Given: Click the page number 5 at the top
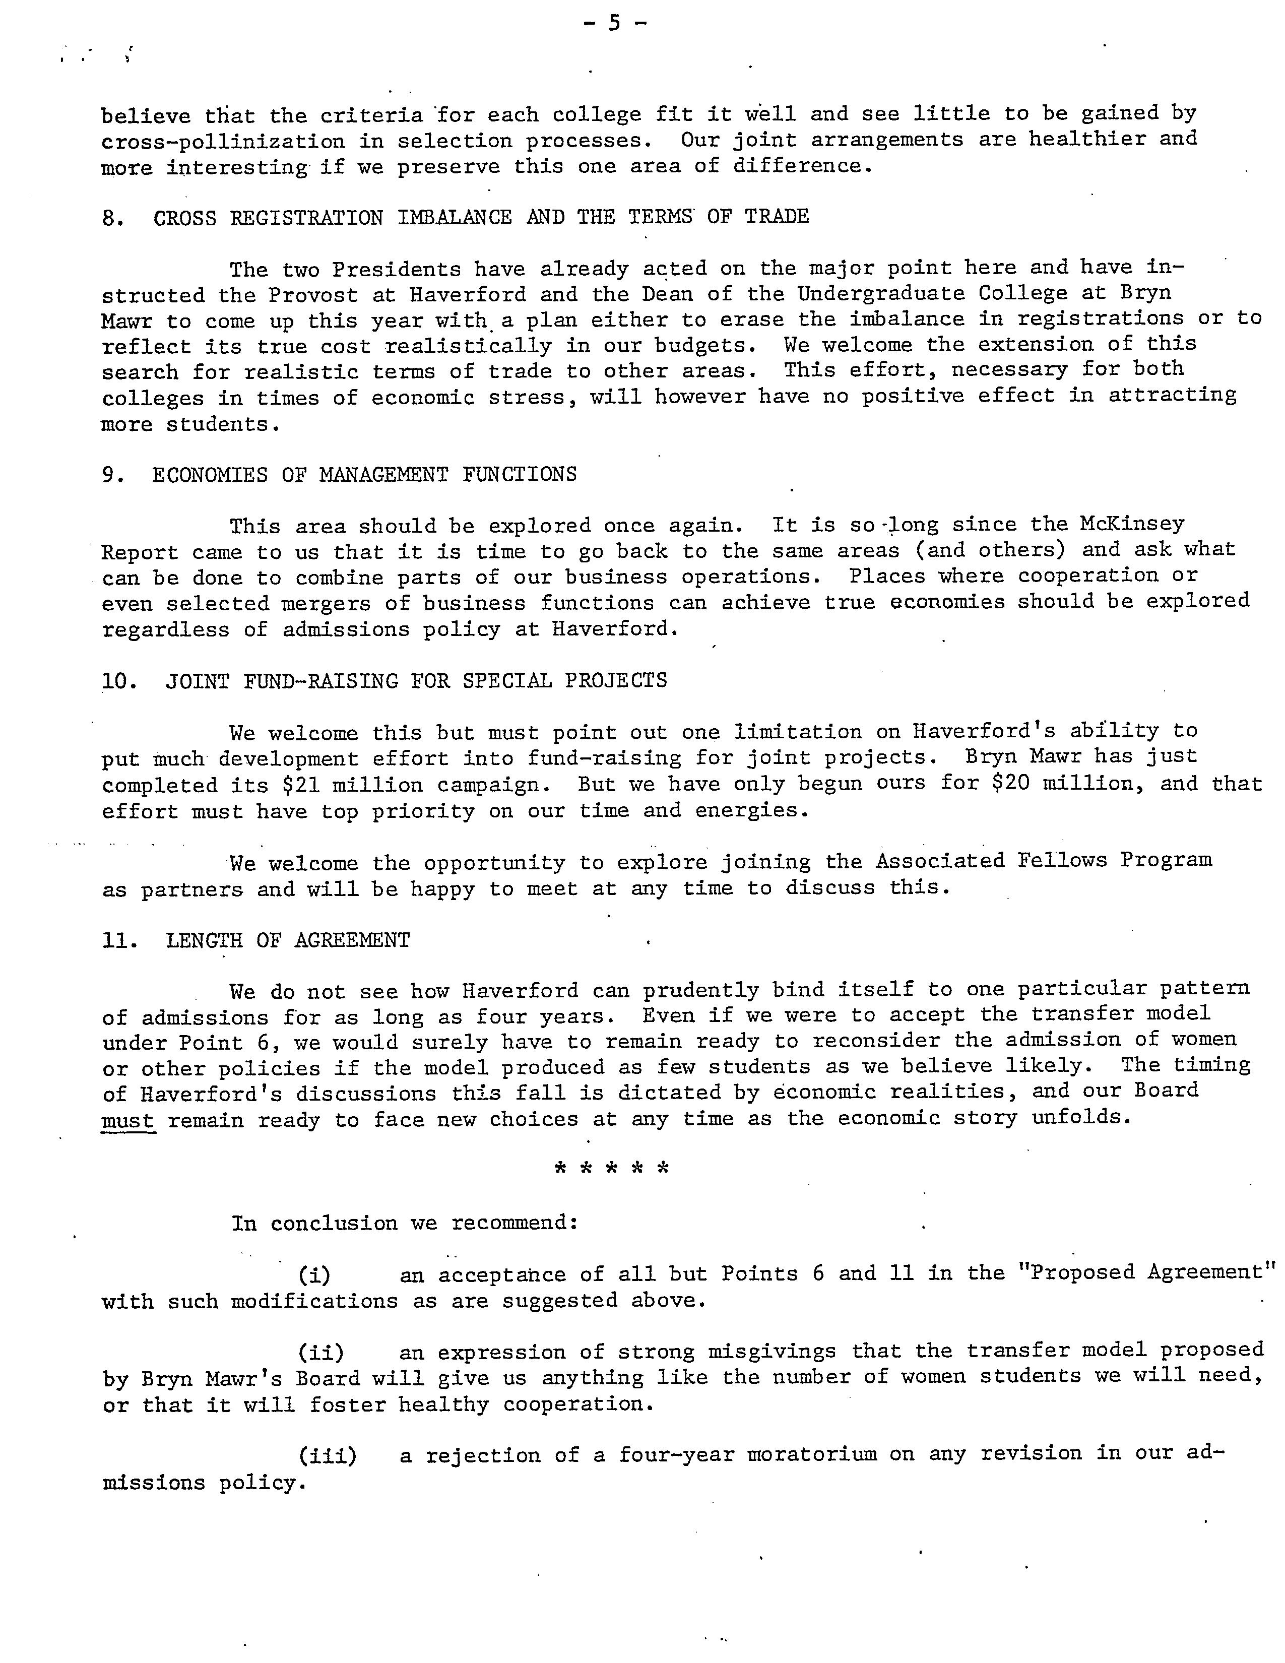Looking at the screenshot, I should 614,24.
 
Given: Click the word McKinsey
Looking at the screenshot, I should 1132,524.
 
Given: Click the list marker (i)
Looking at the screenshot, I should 313,1274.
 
